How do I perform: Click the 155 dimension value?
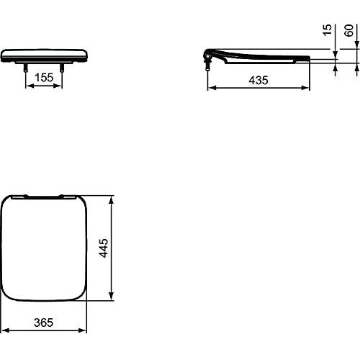44,78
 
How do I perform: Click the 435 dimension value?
258,80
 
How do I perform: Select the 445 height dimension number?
104,248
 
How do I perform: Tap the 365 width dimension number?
43,323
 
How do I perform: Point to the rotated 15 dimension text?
327,30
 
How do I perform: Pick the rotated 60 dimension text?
348,30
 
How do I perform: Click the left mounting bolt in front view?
25,68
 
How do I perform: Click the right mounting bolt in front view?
62,68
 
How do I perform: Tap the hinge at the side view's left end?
207,55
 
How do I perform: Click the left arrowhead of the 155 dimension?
29,86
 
